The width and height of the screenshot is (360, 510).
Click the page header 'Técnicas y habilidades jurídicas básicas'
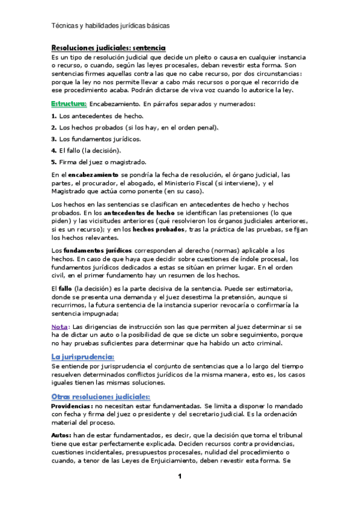pos(111,26)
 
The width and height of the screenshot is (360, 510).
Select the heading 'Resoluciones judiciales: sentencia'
pos(108,48)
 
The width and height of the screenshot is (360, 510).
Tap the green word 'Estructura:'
pos(69,103)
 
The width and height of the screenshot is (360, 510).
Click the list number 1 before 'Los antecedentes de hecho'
pos(53,115)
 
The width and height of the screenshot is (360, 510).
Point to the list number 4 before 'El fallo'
pos(53,150)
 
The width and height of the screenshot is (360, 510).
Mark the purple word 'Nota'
pos(59,327)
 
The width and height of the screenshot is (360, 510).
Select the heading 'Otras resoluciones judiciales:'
pos(100,396)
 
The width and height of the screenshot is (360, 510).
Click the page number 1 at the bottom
pos(179,477)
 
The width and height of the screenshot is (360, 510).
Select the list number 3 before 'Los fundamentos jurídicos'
pos(53,139)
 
